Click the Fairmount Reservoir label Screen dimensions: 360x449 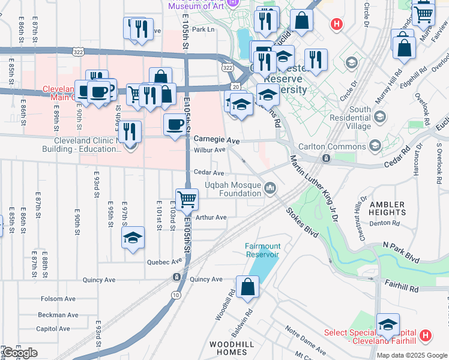(x=262, y=250)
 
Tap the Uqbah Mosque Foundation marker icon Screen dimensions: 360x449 (x=270, y=190)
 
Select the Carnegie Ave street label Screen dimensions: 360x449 (x=216, y=139)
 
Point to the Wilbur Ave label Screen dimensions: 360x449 (x=209, y=149)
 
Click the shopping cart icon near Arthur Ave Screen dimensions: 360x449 (x=187, y=198)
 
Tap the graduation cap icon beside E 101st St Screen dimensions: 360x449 (x=133, y=238)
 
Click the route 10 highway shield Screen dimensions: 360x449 (x=175, y=295)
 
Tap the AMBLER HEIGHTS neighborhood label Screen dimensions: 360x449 (x=388, y=208)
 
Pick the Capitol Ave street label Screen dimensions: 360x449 (x=53, y=329)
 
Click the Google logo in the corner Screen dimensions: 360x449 (x=20, y=353)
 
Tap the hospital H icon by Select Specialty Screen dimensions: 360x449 (x=425, y=334)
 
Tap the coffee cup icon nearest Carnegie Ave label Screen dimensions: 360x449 (x=175, y=125)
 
